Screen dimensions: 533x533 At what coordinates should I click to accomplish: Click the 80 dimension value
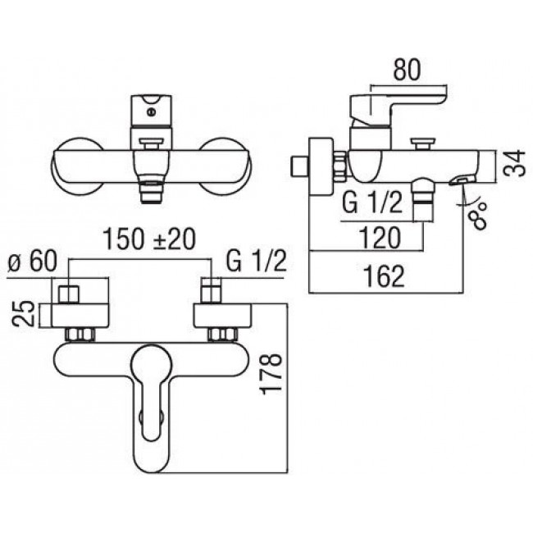[407, 71]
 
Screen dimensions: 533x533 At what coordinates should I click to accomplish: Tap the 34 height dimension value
[515, 163]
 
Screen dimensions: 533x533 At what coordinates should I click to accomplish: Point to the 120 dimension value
[380, 238]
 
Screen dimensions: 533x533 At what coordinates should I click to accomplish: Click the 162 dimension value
[384, 276]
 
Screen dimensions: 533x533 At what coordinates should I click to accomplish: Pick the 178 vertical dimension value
[271, 374]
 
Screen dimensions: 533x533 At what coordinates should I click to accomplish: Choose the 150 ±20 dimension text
[149, 239]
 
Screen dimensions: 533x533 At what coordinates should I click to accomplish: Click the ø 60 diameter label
[32, 261]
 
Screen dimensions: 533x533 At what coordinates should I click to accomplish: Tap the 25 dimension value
[24, 314]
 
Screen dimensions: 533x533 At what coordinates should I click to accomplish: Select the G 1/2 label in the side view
[372, 203]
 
